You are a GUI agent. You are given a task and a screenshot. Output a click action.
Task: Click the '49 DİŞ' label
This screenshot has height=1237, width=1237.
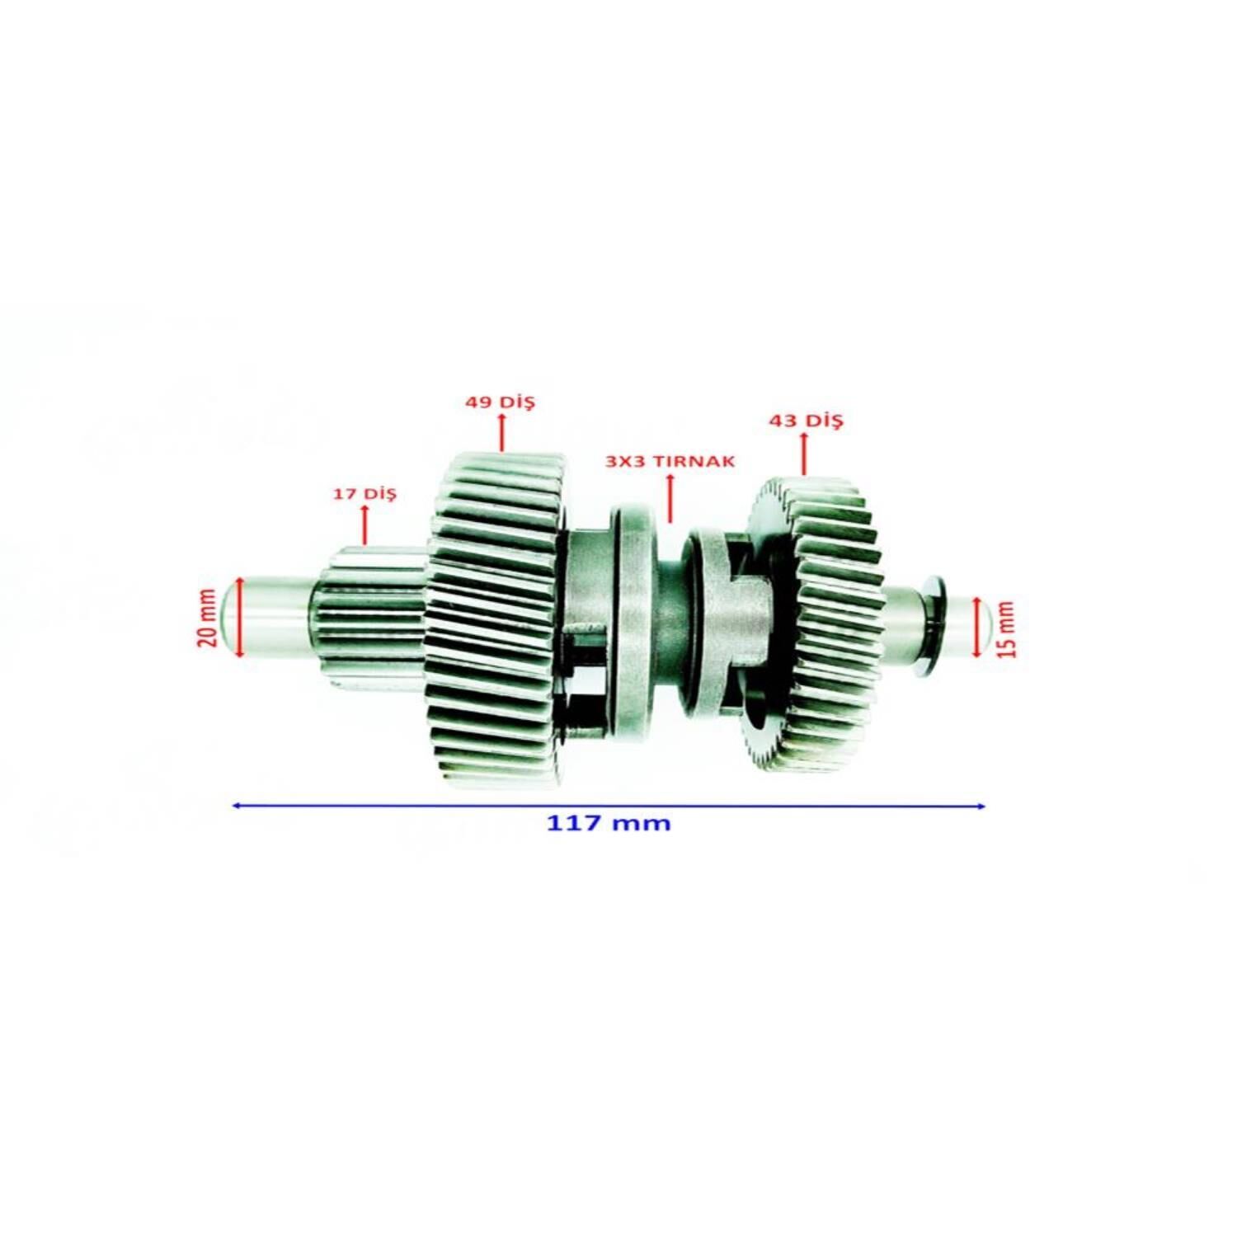(500, 402)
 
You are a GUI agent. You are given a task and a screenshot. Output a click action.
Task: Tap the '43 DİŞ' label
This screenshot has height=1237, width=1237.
(806, 421)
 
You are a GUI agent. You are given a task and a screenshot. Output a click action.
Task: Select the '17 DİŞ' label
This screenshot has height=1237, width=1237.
(365, 494)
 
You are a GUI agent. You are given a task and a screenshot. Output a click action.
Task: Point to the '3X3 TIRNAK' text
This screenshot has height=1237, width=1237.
(670, 461)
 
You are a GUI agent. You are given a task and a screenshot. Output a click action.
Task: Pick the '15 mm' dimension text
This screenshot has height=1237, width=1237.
(1007, 628)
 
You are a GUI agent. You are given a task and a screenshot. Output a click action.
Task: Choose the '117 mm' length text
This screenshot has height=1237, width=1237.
(609, 822)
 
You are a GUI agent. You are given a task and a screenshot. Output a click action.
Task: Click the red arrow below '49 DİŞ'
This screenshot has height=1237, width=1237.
(501, 433)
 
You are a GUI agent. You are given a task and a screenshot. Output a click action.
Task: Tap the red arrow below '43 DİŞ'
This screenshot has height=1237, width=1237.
(804, 454)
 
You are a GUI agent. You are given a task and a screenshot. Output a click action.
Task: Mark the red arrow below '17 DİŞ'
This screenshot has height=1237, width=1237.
(365, 524)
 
